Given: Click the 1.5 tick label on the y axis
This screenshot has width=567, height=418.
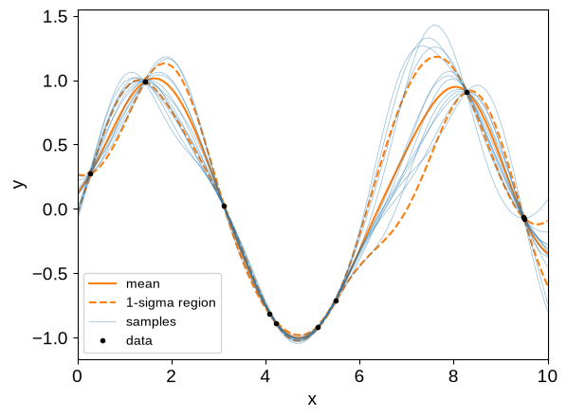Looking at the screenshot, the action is point(55,17).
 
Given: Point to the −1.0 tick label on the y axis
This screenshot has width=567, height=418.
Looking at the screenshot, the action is point(50,338).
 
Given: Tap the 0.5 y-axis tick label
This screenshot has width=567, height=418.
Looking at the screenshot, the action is point(55,145).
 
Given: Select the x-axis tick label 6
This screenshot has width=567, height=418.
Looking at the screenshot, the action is point(359,376).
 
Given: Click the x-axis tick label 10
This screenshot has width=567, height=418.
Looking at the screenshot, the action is point(547,376).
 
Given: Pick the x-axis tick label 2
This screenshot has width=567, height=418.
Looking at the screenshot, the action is point(171,376).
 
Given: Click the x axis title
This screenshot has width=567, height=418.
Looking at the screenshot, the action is point(312,400).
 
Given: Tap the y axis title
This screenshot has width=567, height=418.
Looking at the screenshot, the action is point(20,184).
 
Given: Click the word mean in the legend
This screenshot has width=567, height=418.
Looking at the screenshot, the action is point(143,283).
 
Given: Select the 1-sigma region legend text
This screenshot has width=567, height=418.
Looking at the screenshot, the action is point(171,302).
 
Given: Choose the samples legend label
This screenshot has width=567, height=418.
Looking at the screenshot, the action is point(151,322).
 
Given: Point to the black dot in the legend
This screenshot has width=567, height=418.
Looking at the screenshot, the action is point(102,340).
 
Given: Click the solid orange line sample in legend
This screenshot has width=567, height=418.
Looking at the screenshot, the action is point(102,283).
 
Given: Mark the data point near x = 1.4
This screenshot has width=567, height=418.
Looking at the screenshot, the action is point(145,82).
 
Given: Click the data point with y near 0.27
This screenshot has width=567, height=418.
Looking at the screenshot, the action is point(90,173).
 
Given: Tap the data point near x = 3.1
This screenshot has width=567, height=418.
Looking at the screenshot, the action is point(224,207).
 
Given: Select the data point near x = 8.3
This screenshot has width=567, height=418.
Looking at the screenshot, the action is point(466,93).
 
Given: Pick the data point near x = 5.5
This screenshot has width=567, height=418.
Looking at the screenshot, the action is point(336,300).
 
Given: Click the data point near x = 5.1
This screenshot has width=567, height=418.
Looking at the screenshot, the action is point(318,328).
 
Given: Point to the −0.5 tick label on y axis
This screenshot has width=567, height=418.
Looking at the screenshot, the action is point(50,274).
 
